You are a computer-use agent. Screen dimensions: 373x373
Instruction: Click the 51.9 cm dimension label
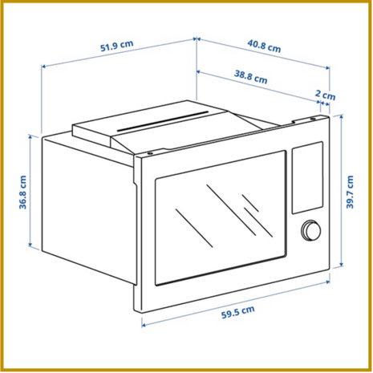[x=116, y=46]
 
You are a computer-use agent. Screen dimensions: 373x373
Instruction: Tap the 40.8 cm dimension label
[x=264, y=47]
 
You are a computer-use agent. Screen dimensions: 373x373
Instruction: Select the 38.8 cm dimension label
[x=250, y=77]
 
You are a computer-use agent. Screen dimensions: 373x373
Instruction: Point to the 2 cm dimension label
[x=325, y=95]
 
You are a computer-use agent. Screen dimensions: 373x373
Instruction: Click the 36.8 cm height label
[x=22, y=193]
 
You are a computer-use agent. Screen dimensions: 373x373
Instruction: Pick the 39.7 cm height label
[x=350, y=192]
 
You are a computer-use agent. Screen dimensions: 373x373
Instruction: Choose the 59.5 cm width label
[x=238, y=312]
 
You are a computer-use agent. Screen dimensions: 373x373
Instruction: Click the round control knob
[x=311, y=230]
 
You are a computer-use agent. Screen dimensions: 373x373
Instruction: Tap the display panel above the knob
[x=307, y=177]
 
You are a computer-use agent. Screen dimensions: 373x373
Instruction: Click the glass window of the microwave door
[x=221, y=218]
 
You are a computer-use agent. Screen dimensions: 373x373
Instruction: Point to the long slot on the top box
[x=163, y=121]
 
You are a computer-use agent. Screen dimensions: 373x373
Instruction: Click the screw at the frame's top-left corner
[x=150, y=154]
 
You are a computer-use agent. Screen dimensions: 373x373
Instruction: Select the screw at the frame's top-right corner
[x=312, y=119]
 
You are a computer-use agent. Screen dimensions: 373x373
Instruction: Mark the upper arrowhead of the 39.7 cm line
[x=342, y=116]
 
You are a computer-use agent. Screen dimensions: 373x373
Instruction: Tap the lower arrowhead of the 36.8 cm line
[x=30, y=245]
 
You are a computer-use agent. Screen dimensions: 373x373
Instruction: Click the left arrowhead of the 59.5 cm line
[x=144, y=325]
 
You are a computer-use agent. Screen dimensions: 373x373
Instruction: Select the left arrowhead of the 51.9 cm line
[x=44, y=66]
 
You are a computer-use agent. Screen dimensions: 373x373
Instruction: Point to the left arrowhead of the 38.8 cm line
[x=199, y=71]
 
